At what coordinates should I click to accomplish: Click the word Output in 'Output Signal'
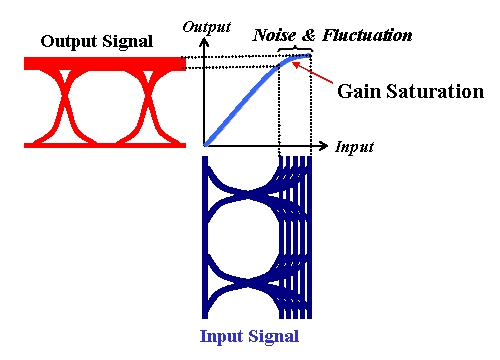tap(67, 42)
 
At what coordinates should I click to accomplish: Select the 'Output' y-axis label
tap(206, 24)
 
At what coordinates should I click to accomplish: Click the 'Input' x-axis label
tap(354, 147)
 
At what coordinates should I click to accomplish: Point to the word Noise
tap(271, 36)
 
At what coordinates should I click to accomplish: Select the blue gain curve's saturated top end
tap(293, 59)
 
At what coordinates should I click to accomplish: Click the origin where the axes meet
tap(204, 146)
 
